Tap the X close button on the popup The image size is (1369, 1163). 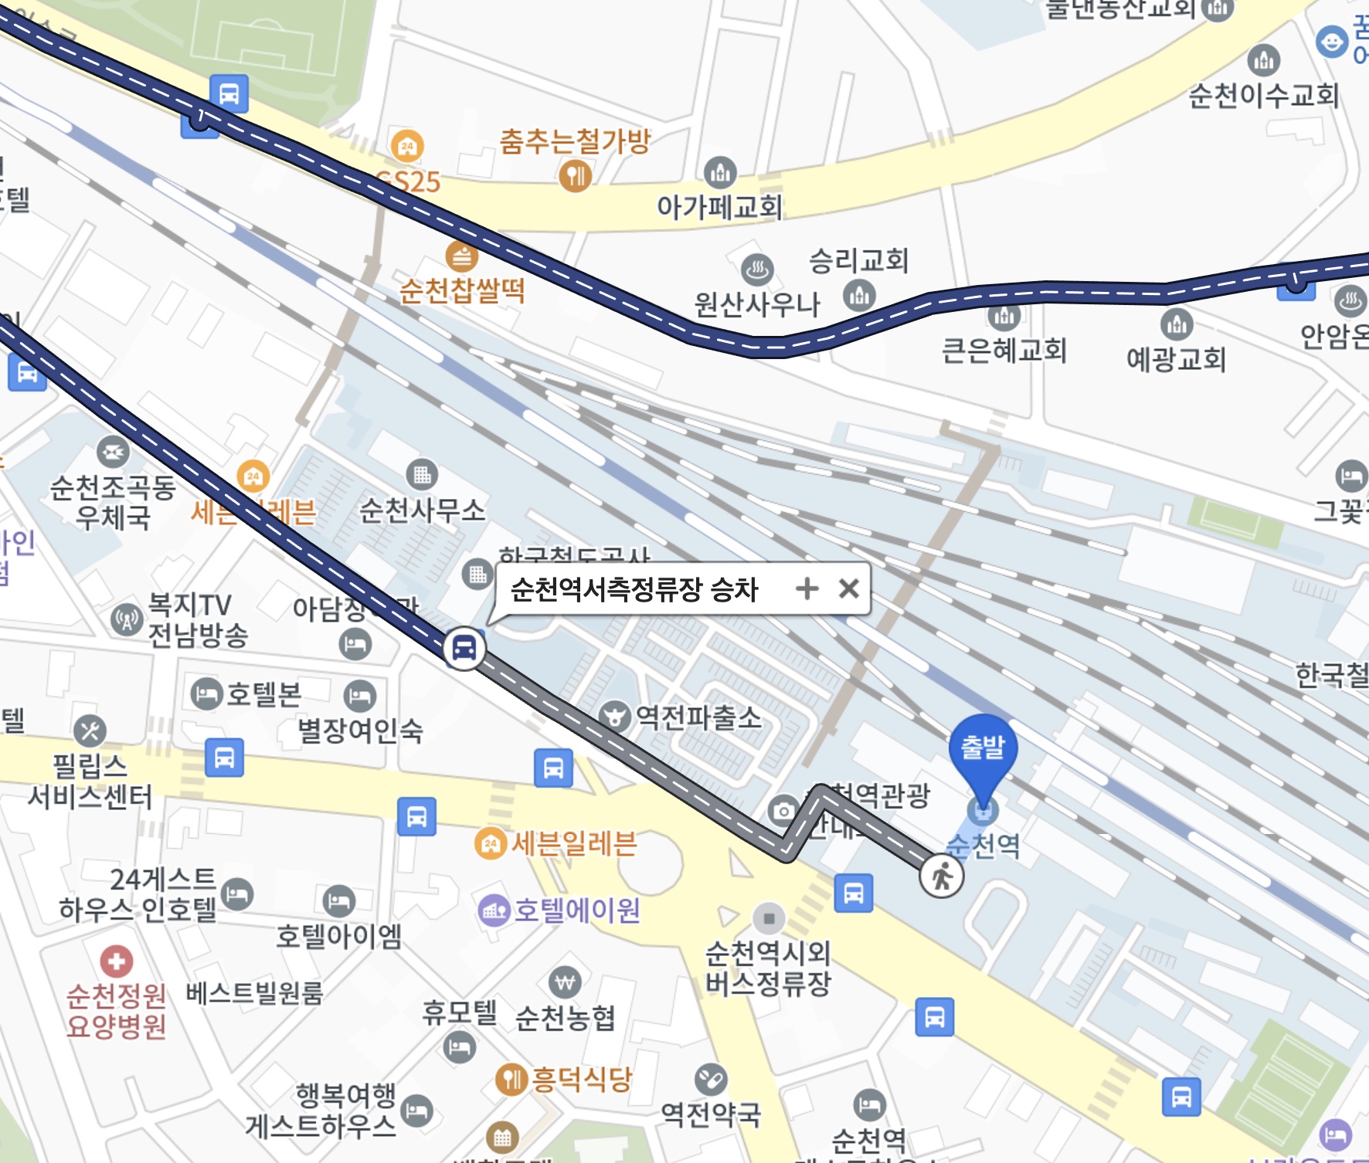coord(848,588)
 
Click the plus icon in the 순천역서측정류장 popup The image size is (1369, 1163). coord(807,588)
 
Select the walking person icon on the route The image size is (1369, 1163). coord(941,876)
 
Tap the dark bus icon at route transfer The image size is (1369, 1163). coord(464,647)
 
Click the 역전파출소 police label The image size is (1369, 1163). coord(698,717)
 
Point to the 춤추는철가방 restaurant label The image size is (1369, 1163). coord(575,141)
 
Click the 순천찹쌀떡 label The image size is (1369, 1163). coord(462,291)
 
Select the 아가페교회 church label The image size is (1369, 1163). coord(719,206)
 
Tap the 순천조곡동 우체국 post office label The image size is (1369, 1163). coord(113,502)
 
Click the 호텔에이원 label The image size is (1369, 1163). coord(576,910)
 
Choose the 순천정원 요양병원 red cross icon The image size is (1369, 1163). coord(116,961)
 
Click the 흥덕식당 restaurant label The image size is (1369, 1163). coord(581,1078)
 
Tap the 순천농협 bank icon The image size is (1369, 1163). coord(565,983)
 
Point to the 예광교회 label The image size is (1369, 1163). coord(1176,359)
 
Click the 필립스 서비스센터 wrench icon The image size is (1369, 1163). coord(90,731)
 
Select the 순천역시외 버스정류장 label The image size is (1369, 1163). coord(768,968)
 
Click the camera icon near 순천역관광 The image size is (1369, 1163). coord(783,810)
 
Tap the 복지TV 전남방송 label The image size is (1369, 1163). coord(197,619)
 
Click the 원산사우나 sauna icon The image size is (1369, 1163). coord(757,270)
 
